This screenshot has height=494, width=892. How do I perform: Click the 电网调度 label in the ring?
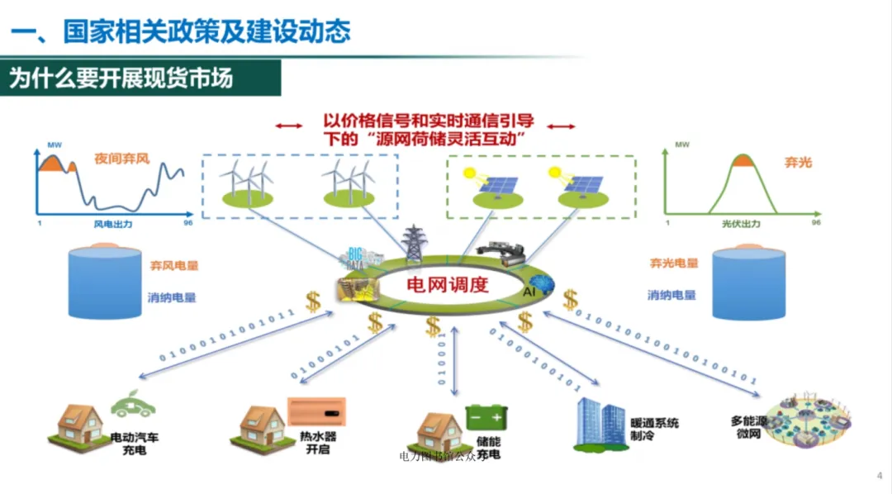click(x=448, y=286)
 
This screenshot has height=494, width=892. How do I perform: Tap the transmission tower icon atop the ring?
click(x=410, y=243)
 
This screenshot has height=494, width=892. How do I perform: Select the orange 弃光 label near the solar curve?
click(x=798, y=162)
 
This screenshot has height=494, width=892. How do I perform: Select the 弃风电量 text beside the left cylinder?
click(x=173, y=266)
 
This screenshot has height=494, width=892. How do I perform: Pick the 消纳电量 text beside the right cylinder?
click(x=671, y=295)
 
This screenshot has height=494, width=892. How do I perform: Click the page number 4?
click(x=879, y=475)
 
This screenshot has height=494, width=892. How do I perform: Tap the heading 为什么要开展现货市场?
click(x=121, y=78)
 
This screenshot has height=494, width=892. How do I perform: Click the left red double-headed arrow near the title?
click(x=288, y=126)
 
